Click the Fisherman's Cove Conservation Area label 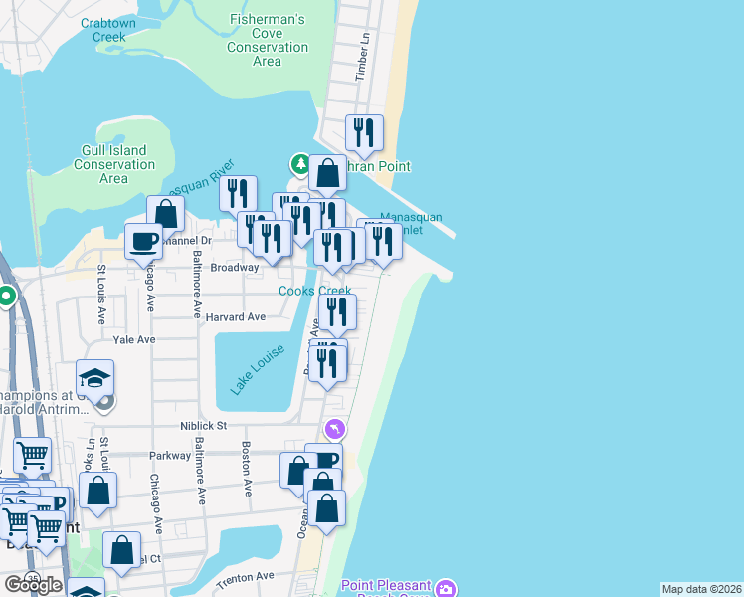(267, 40)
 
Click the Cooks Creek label (314, 291)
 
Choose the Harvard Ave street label (236, 317)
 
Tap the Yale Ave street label (134, 339)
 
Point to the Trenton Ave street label (246, 576)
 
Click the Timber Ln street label (363, 68)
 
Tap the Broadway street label (234, 267)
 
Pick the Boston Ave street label (246, 457)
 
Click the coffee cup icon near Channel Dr (144, 240)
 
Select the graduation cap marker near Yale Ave (95, 378)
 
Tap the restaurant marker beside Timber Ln (365, 132)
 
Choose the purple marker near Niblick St (337, 428)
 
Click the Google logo (33, 585)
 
